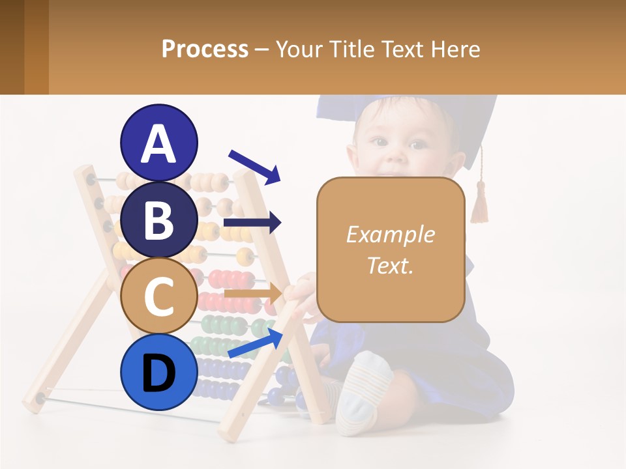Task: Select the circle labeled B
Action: (x=159, y=220)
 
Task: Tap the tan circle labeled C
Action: (x=159, y=296)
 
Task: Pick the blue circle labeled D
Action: (x=159, y=373)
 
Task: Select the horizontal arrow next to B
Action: (x=252, y=223)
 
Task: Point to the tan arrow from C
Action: (x=253, y=294)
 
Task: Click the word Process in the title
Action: (x=205, y=49)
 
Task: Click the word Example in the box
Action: (x=390, y=234)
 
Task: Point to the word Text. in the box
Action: (x=390, y=265)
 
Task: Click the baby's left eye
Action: (x=417, y=143)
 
